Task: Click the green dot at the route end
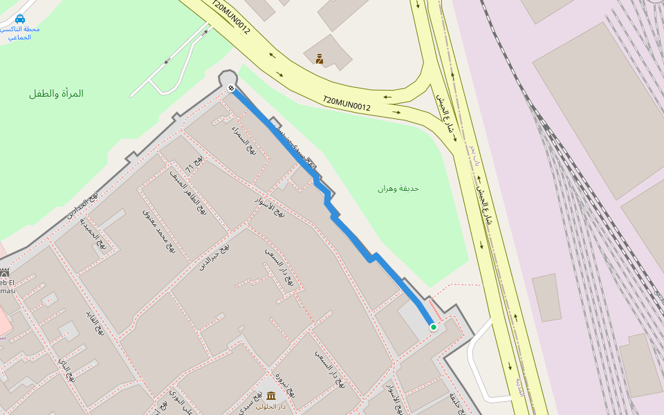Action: pyautogui.click(x=434, y=326)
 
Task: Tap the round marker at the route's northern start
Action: pyautogui.click(x=230, y=88)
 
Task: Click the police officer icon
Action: pyautogui.click(x=320, y=59)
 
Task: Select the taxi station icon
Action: pyautogui.click(x=20, y=19)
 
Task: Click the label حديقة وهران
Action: pyautogui.click(x=398, y=188)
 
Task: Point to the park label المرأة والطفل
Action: pyautogui.click(x=56, y=93)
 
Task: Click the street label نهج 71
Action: pyautogui.click(x=194, y=165)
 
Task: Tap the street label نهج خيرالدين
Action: pyautogui.click(x=214, y=257)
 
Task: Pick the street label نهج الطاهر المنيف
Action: pyautogui.click(x=189, y=192)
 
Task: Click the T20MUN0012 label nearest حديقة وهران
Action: pyautogui.click(x=347, y=104)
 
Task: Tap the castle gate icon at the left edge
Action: pyautogui.click(x=4, y=273)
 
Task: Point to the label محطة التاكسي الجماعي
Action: pyautogui.click(x=20, y=33)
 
